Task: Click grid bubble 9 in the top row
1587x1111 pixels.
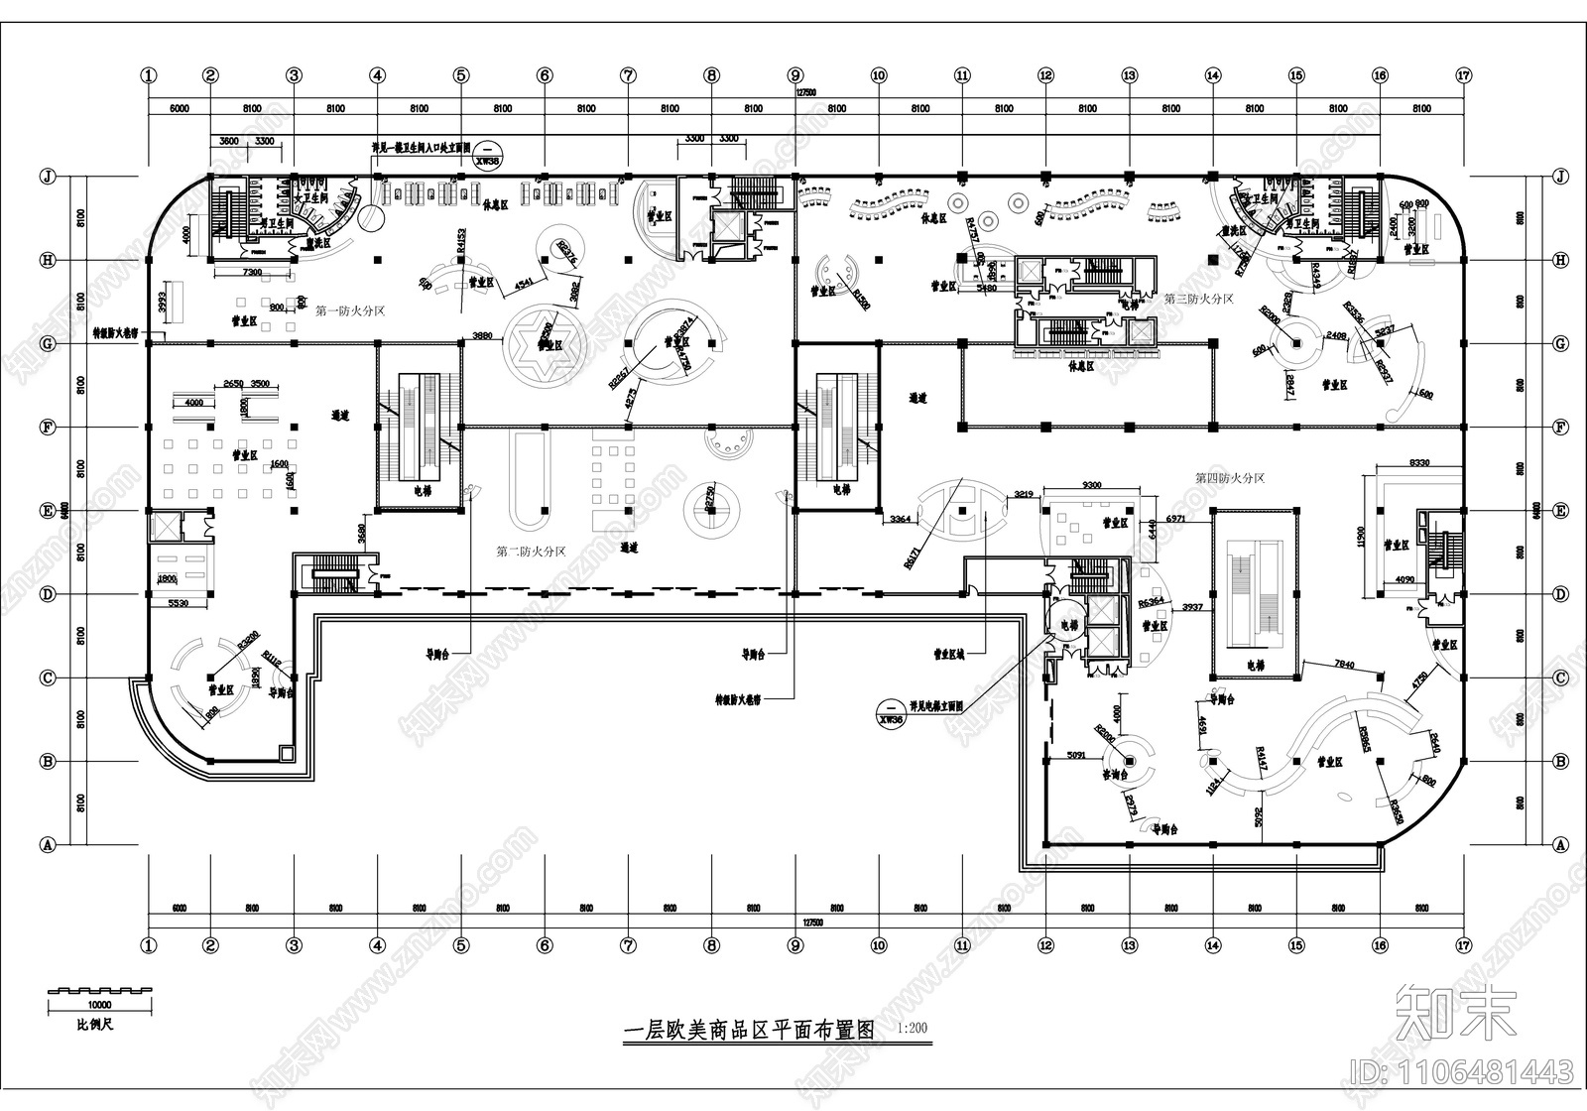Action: (794, 74)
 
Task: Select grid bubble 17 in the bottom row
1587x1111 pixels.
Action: (1463, 945)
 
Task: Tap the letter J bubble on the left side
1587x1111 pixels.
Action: (45, 177)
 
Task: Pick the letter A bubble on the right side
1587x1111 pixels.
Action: (1561, 845)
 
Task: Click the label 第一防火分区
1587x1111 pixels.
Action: (350, 310)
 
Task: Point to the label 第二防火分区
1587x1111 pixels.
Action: (531, 552)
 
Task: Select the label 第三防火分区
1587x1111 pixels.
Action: (1199, 298)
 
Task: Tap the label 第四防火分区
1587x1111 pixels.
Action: (1230, 478)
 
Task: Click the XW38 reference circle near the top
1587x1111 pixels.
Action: (487, 157)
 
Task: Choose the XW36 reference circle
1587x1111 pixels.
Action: (892, 714)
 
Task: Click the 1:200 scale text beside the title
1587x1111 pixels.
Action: (911, 1029)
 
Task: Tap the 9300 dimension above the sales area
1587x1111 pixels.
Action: (1091, 484)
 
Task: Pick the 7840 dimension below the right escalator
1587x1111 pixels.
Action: (1345, 664)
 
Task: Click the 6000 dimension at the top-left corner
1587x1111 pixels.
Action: (179, 107)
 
